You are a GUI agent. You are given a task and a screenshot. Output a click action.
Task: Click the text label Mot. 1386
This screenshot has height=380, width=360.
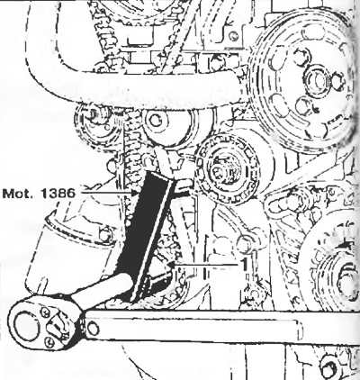39,193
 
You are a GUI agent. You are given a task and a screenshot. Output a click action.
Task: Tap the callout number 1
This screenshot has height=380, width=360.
245,264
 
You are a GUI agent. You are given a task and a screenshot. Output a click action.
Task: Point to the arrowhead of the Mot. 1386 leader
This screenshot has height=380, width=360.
134,193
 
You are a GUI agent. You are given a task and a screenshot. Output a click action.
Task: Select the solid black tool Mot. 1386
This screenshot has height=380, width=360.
144,234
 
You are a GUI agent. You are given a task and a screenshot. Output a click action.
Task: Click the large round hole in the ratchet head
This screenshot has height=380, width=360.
26,325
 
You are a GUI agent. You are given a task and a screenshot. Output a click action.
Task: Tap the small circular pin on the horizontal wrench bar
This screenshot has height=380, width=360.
93,328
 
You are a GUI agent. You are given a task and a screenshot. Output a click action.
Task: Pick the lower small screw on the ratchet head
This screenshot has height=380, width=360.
49,341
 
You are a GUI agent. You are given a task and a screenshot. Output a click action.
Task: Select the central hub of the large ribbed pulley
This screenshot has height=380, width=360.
318,78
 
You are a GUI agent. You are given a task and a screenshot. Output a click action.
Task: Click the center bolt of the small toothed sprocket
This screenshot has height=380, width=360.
223,170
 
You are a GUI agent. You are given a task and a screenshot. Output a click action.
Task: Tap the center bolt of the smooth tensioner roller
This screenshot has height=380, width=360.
156,121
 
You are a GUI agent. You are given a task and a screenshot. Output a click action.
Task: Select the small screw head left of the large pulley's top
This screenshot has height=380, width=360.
233,36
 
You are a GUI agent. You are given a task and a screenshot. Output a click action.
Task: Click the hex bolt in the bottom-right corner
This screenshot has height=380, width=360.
328,366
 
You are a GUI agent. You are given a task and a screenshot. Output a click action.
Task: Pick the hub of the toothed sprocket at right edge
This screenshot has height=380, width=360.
348,277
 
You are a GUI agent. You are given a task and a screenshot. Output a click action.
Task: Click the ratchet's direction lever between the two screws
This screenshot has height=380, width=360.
58,326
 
